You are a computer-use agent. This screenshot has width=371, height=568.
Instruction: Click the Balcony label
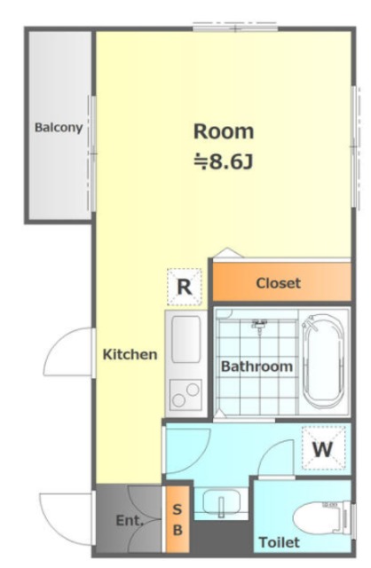tap(59, 128)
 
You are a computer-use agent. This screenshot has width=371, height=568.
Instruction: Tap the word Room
tap(224, 131)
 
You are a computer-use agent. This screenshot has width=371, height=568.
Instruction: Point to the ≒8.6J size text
tap(224, 162)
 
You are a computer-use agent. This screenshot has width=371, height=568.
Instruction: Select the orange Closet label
tap(279, 283)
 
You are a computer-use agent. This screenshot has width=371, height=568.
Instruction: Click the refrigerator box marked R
tap(185, 287)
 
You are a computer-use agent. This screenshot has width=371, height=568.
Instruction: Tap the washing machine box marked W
tap(324, 448)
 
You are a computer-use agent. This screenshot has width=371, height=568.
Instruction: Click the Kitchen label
tap(130, 354)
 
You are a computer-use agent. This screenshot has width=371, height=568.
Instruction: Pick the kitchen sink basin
tap(185, 339)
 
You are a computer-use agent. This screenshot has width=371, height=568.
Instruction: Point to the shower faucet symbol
tap(259, 325)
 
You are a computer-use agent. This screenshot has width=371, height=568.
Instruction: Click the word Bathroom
tap(257, 367)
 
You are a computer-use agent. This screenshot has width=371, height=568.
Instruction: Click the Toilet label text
tap(280, 542)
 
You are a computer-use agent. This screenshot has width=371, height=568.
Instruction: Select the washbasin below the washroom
tap(221, 502)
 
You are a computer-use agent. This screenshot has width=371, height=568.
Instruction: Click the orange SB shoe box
tap(178, 519)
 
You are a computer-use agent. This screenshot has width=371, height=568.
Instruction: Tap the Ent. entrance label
tap(130, 521)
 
